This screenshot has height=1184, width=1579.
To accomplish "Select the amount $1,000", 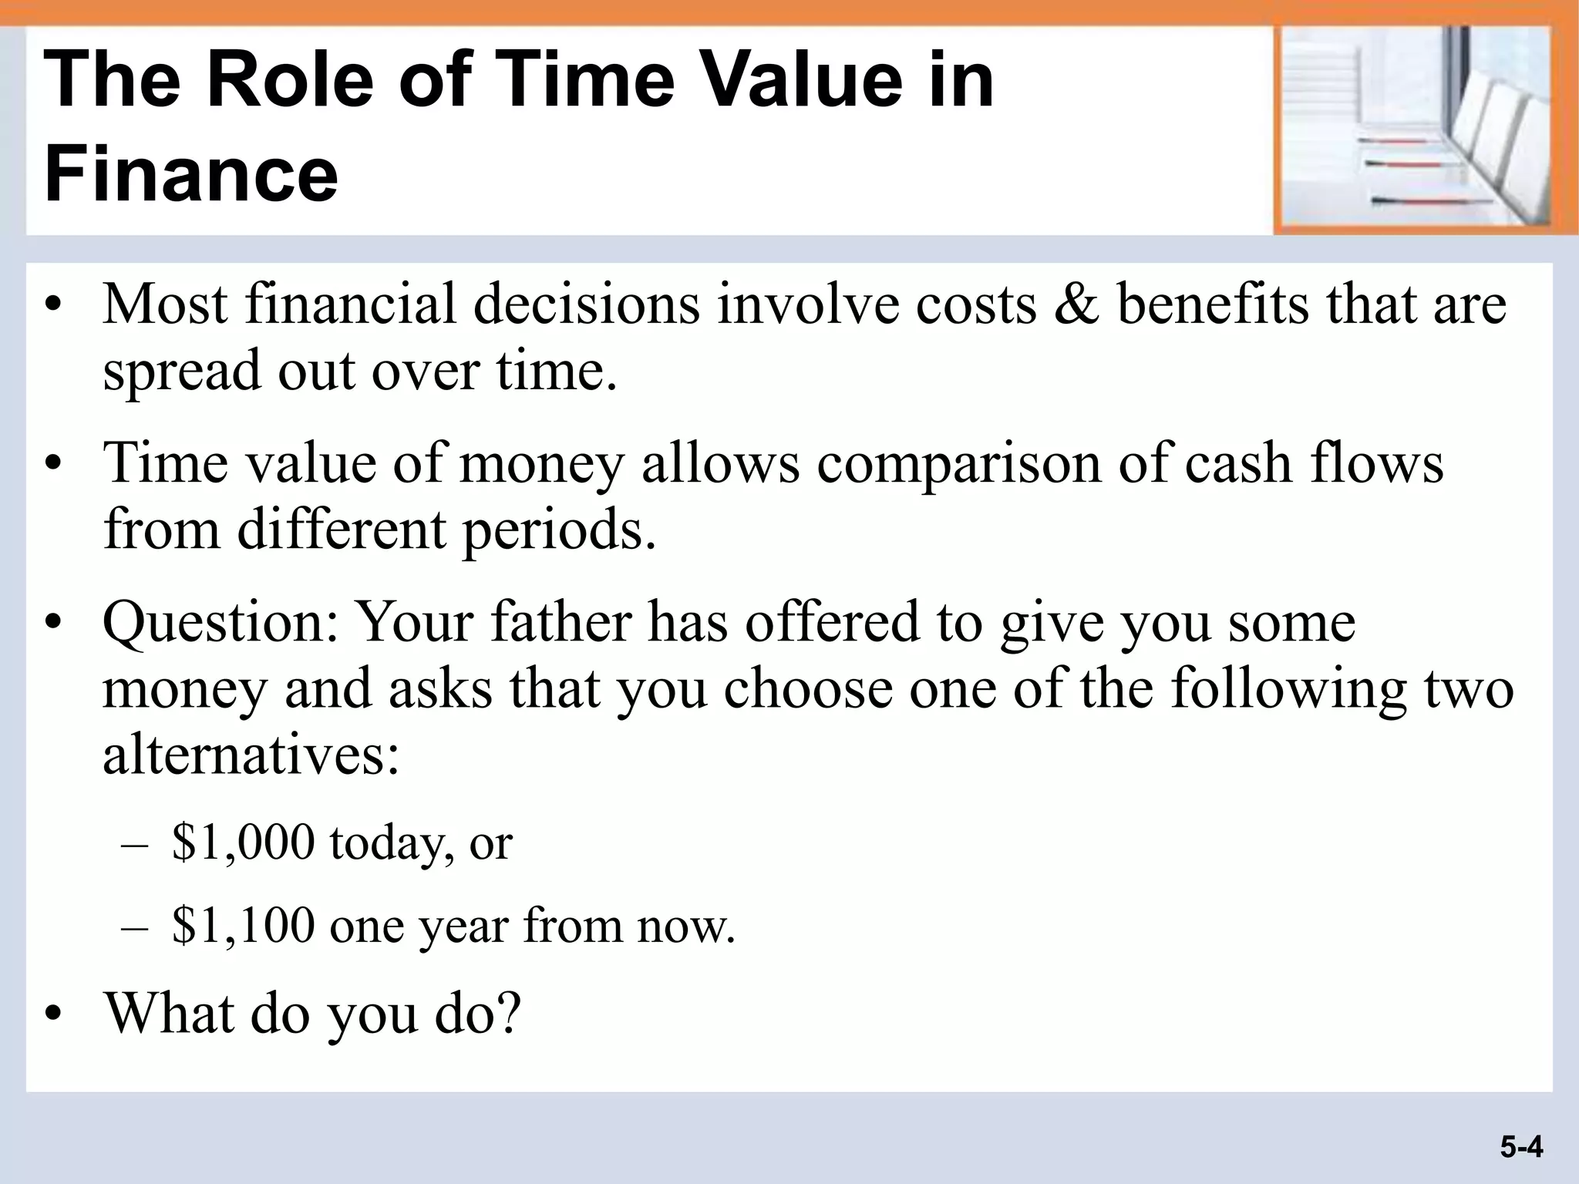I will [244, 842].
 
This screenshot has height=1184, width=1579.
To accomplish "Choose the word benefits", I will [1213, 305].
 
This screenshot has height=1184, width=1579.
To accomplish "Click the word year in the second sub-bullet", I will [463, 927].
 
